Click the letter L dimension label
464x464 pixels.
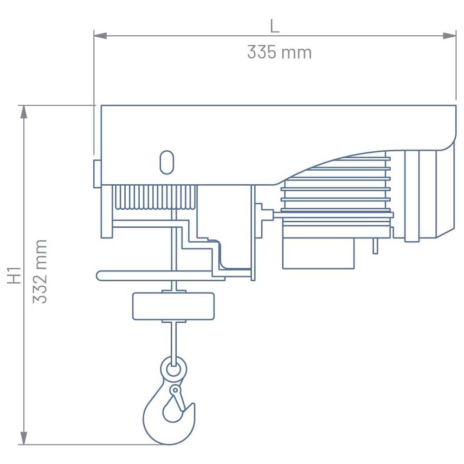click(275, 26)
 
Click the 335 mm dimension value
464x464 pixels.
click(279, 52)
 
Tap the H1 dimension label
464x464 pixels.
click(14, 275)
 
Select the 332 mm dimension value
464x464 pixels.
click(40, 271)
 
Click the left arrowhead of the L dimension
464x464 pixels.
click(100, 36)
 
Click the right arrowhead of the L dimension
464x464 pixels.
click(450, 36)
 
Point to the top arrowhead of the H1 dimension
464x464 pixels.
click(24, 112)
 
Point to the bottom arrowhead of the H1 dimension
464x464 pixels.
click(24, 438)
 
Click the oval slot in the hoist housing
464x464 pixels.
click(167, 162)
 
